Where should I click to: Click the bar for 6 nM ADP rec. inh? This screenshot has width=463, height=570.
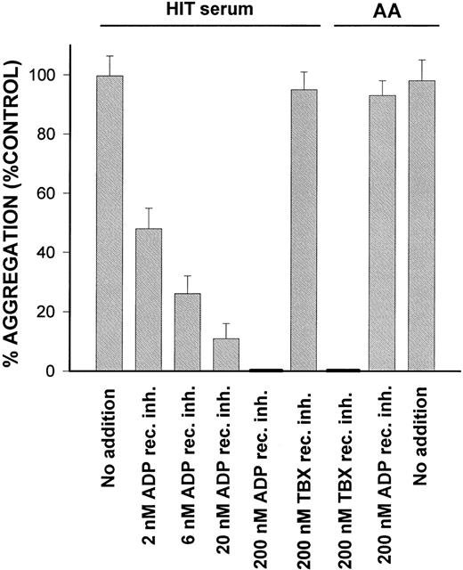point(188,331)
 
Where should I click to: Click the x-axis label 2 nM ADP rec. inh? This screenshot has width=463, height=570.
point(149,472)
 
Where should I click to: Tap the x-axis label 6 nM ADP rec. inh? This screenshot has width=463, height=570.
point(188,472)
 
